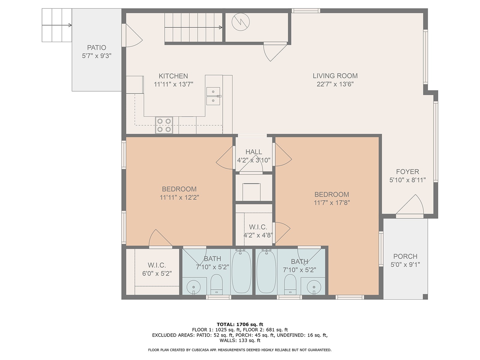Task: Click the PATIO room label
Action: (96, 47)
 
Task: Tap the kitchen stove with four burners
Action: (164, 125)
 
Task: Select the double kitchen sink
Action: (213, 96)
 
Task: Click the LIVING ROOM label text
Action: (335, 76)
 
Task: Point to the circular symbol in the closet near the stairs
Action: (241, 22)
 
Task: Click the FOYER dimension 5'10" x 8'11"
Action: (407, 180)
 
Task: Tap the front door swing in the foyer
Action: (410, 204)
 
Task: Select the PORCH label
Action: (405, 256)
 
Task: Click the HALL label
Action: (254, 152)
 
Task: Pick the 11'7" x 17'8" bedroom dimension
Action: (332, 202)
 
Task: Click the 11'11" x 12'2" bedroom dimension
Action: (179, 197)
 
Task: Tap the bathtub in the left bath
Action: (241, 272)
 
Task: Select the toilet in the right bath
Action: (290, 284)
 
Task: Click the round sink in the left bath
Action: (193, 287)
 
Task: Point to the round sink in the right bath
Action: (314, 287)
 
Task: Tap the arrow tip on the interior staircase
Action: (222, 27)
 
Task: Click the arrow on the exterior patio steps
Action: (57, 25)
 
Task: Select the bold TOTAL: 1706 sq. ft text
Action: (240, 324)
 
